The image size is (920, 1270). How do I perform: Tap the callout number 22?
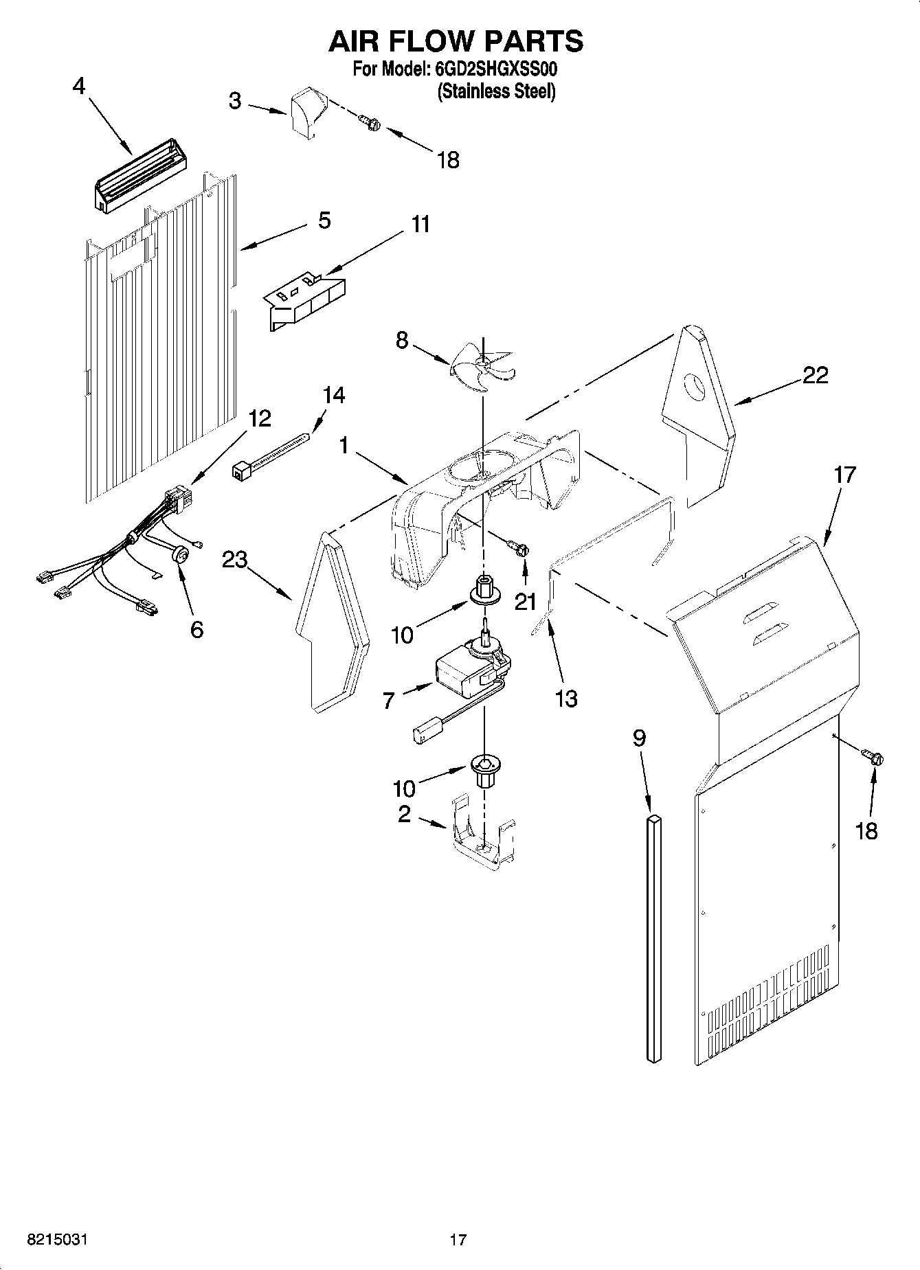click(815, 375)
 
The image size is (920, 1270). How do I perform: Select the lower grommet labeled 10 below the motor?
click(484, 769)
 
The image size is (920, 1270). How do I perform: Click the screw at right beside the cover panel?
click(875, 758)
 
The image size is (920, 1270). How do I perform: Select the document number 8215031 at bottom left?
click(58, 1240)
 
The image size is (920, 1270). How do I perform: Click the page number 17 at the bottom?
click(458, 1240)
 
